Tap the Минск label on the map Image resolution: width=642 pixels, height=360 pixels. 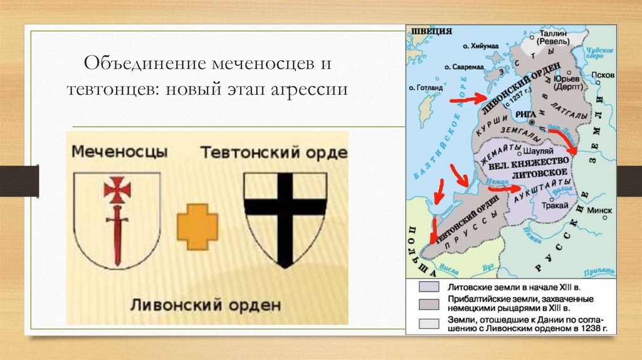point(601,210)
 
